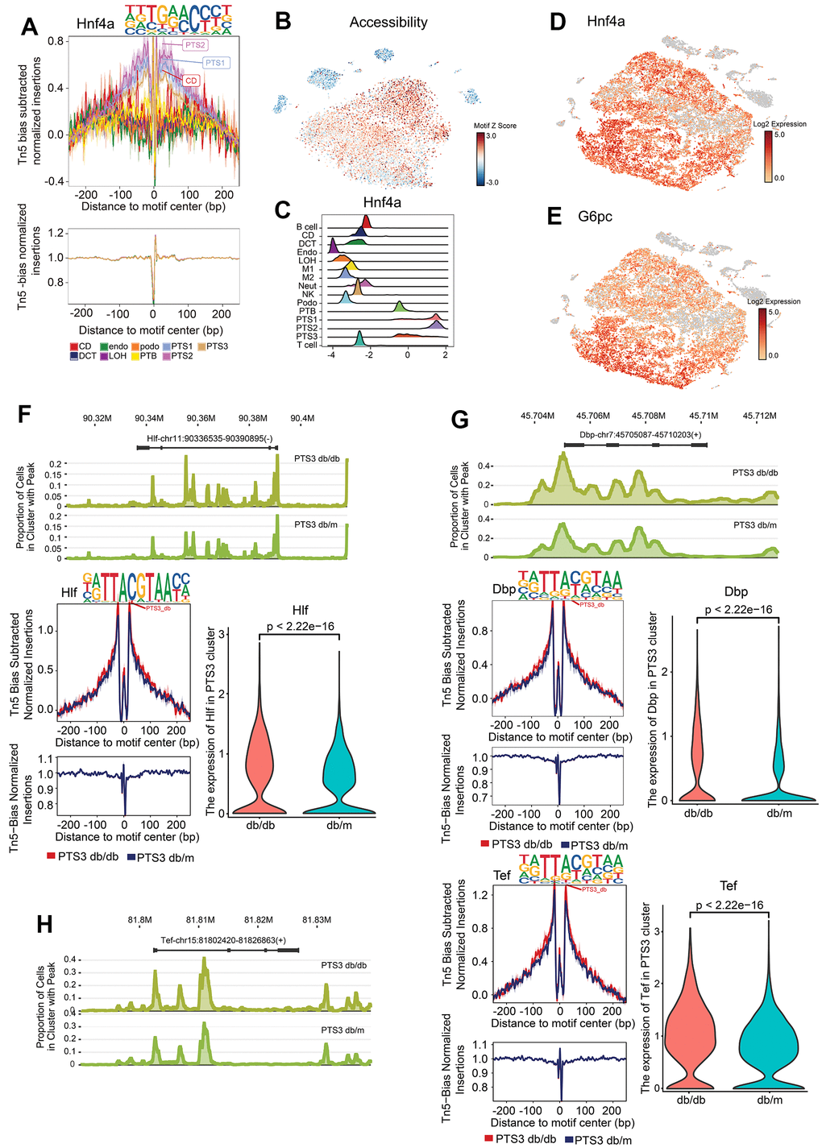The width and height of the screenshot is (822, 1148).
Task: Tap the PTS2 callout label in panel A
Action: [194, 45]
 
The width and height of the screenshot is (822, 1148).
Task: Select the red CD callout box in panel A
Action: [191, 81]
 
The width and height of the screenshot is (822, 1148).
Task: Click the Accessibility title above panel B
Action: [388, 23]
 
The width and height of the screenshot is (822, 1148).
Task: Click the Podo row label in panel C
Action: [306, 303]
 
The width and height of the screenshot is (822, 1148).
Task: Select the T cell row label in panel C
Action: [305, 345]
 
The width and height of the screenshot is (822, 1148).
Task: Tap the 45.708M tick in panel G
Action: [649, 416]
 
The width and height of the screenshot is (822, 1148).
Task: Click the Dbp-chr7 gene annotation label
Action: [634, 435]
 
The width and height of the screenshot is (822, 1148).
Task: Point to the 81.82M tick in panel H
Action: [259, 919]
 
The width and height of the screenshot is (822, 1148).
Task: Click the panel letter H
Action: [45, 923]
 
